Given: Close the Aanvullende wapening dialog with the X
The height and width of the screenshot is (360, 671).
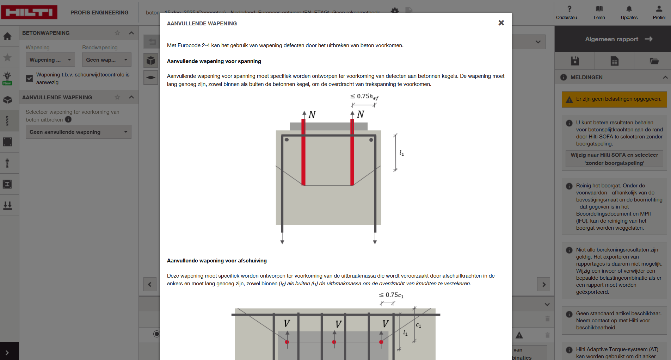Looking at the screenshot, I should [x=501, y=23].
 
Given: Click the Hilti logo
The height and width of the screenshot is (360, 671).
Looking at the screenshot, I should [x=29, y=12].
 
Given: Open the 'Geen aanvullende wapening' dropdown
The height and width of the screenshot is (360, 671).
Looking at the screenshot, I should [x=78, y=132].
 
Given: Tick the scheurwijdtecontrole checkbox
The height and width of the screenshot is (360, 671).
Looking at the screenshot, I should [x=29, y=78].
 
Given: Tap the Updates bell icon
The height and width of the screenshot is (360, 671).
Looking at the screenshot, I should [x=629, y=9].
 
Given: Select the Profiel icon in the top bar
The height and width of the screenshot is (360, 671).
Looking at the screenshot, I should [x=659, y=9].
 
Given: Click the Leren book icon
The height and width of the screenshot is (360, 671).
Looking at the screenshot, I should [x=599, y=9].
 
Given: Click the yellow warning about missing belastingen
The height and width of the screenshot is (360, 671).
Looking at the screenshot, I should [x=614, y=99].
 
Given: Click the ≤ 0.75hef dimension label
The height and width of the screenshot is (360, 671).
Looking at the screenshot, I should [x=364, y=97].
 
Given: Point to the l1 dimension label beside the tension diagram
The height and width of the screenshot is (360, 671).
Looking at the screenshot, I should [x=401, y=153].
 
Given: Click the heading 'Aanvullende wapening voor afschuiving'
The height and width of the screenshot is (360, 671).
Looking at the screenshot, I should [x=217, y=261].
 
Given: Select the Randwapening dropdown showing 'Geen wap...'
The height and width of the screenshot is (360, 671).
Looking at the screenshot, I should [x=106, y=60].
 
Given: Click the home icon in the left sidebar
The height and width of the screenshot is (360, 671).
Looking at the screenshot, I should [x=7, y=36].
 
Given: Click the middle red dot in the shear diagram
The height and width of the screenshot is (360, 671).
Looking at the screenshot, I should [x=334, y=342].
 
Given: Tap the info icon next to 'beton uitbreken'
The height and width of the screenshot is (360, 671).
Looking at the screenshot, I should [x=68, y=119].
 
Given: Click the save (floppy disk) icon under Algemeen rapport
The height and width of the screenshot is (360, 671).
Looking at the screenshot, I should [x=575, y=61].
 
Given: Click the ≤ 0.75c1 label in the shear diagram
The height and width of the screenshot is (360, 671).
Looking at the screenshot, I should [x=391, y=295].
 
